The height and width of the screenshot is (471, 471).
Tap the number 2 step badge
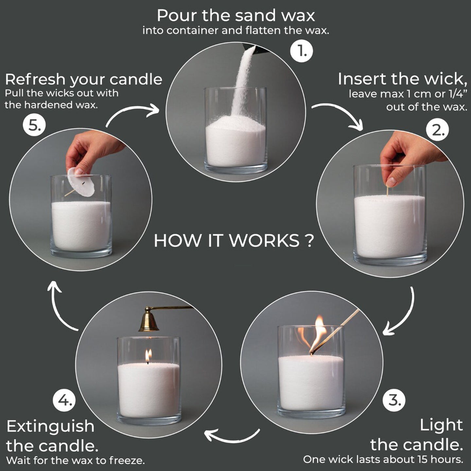coord(437,130)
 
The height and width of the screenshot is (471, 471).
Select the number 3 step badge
coord(393,400)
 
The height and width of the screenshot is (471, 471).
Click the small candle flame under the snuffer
coord(148,356)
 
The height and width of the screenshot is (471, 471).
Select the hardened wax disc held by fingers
coord(81,182)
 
